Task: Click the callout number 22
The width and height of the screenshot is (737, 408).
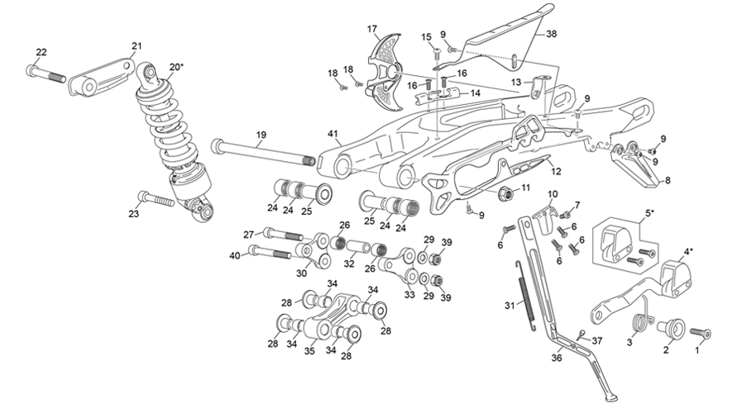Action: (41, 53)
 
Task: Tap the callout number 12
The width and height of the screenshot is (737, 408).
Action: (556, 172)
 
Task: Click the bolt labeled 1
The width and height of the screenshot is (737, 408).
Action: (705, 333)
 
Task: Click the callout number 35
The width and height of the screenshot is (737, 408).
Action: (309, 351)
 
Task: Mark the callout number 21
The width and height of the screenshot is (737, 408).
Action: (136, 46)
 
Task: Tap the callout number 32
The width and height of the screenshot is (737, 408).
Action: (348, 265)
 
